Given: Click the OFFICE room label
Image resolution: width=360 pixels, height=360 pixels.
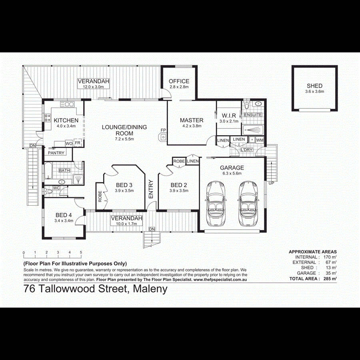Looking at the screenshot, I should coord(179,81).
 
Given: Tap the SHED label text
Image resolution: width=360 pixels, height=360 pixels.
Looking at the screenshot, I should coord(314,86).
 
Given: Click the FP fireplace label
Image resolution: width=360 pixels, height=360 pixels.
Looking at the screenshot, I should coord(163,130).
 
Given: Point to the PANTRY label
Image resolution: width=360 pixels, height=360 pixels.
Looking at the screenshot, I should coord(56,153).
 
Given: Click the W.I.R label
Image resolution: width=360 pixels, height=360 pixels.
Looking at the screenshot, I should coord(230,116).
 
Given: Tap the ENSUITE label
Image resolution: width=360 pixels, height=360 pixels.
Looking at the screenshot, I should coord(253,115).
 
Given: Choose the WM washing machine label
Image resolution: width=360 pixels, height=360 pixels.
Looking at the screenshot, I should coord(260,140).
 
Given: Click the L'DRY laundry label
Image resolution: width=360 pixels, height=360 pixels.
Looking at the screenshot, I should coord(246,150).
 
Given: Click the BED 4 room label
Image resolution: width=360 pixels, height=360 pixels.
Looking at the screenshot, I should coord(64,215).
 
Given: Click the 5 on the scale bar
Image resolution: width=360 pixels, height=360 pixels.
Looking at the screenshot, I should coord(81,252).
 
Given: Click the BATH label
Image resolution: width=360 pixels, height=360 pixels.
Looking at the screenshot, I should coord(64,170).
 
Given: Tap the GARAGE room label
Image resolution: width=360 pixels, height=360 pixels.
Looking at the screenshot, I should coord(232,168).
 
